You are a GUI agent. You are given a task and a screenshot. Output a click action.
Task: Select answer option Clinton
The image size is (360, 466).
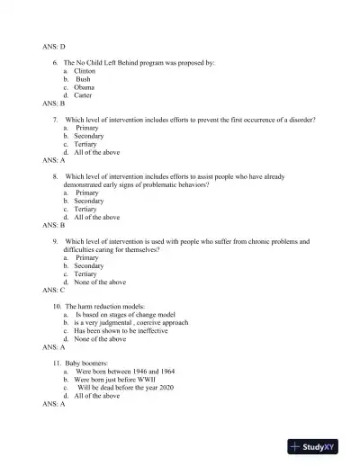click(85, 70)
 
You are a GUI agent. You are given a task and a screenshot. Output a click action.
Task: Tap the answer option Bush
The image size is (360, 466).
click(84, 79)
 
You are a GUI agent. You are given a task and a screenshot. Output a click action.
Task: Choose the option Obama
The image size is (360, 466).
click(85, 87)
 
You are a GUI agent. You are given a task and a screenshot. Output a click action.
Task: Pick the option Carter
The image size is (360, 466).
click(83, 95)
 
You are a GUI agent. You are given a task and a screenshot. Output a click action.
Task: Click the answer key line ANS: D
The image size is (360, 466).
click(54, 46)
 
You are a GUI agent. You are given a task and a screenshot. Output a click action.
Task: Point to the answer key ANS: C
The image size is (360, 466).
click(54, 291)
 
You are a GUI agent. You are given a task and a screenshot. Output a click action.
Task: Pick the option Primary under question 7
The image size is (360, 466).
click(88, 128)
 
